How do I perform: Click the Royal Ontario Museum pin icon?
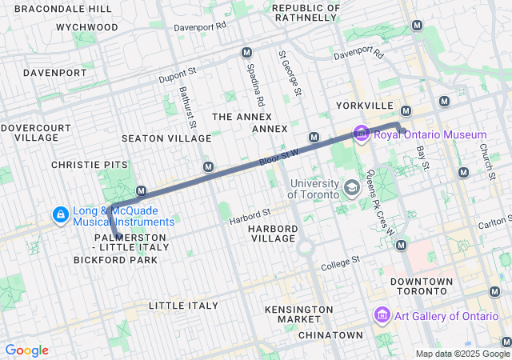click(361, 134)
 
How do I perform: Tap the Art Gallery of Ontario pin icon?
click(381, 315)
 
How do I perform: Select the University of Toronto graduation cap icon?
click(350, 187)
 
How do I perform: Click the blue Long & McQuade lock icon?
click(60, 215)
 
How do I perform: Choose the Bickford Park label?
click(116, 260)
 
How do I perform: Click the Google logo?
click(26, 350)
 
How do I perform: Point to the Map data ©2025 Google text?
click(462, 354)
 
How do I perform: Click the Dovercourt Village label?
click(30, 132)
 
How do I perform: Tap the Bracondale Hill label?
click(63, 8)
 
